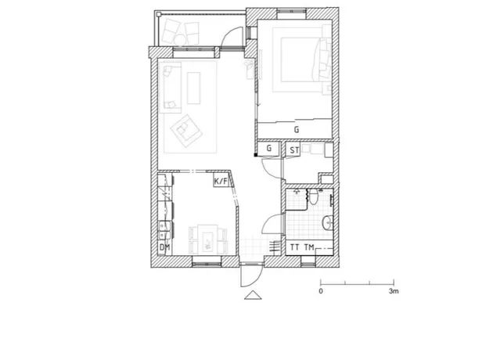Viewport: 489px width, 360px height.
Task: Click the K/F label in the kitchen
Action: point(221,181)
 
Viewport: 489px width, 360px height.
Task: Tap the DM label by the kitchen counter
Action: point(164,247)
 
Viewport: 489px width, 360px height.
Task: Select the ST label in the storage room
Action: point(294,150)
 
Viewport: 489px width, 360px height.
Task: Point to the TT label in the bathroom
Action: point(294,247)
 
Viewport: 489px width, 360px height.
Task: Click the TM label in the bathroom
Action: point(309,247)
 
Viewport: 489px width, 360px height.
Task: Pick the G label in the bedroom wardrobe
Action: point(297,129)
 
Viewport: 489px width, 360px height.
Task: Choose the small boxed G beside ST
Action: point(269,148)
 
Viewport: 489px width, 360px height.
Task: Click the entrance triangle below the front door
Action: point(253,295)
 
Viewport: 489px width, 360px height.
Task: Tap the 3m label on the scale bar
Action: point(394,291)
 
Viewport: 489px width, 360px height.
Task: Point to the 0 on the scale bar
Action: point(321,291)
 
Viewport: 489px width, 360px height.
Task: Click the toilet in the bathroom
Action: point(313,196)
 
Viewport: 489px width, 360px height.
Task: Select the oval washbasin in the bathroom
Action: point(328,223)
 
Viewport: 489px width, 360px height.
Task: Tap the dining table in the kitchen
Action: point(207,239)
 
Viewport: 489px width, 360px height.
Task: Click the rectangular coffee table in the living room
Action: point(194,88)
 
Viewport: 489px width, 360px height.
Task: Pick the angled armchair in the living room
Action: point(186,131)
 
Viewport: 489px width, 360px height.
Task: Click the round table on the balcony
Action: point(180,40)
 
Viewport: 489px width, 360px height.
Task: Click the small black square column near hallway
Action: point(255,155)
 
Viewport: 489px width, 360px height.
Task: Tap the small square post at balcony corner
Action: point(159,14)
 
